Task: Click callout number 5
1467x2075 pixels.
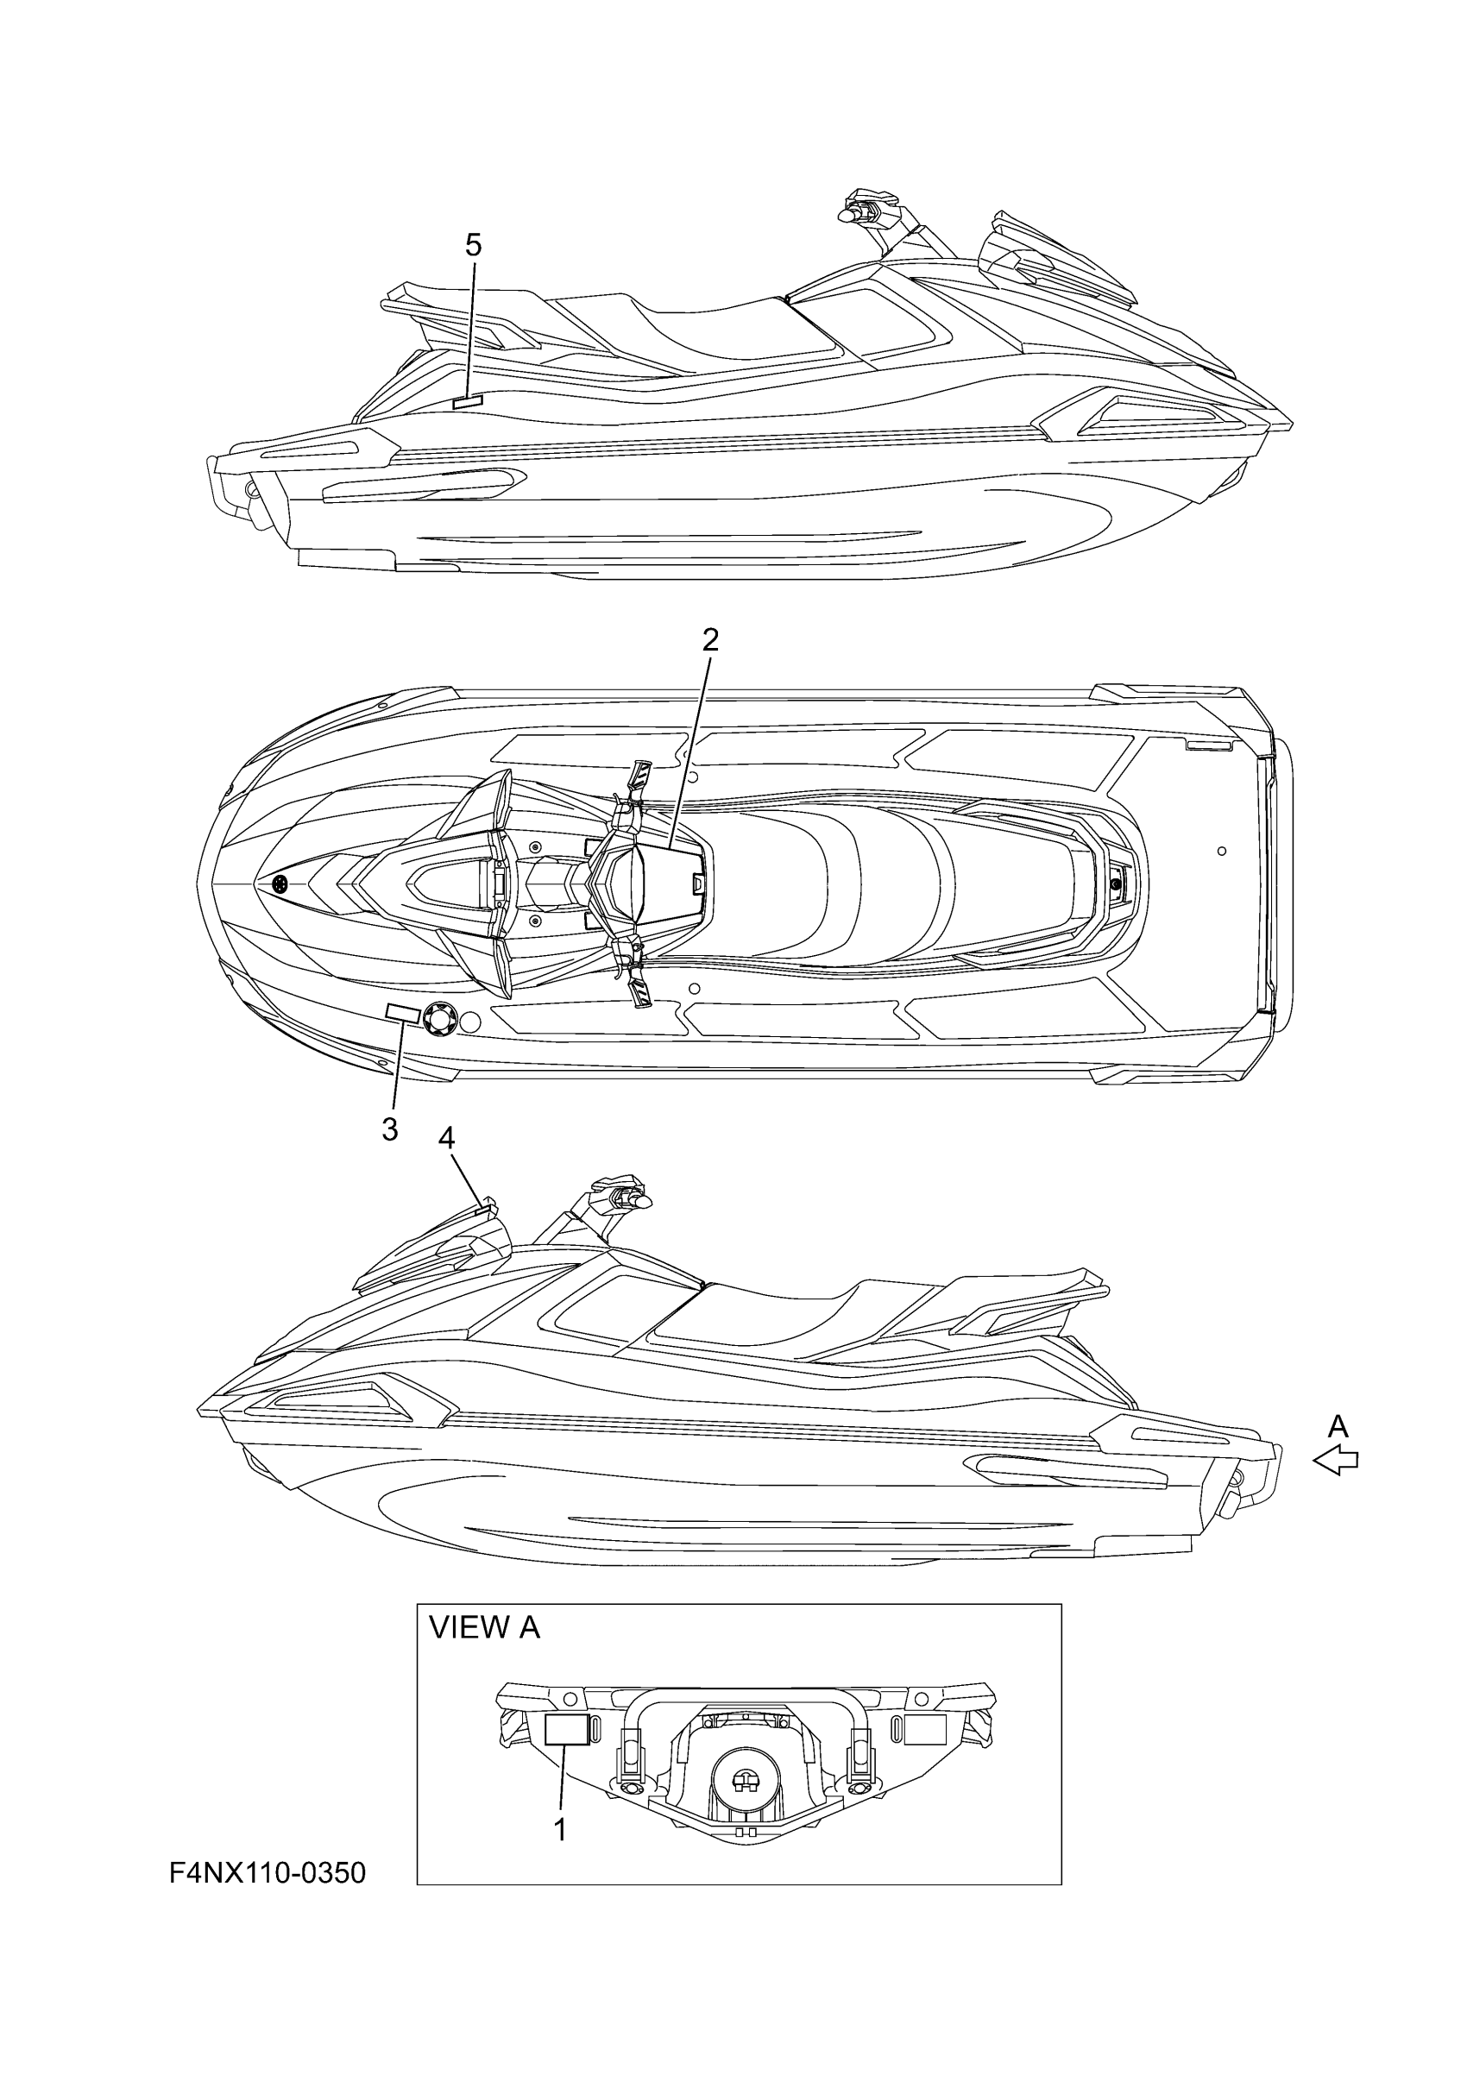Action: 473,245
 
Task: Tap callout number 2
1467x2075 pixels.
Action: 709,640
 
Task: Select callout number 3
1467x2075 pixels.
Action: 389,1129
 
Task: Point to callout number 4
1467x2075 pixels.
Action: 445,1138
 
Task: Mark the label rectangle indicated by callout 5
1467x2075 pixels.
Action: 469,401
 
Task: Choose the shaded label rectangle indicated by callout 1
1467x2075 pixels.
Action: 567,1729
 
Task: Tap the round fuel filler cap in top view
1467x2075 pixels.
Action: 439,1020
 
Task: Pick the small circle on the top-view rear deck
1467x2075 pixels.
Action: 1221,851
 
